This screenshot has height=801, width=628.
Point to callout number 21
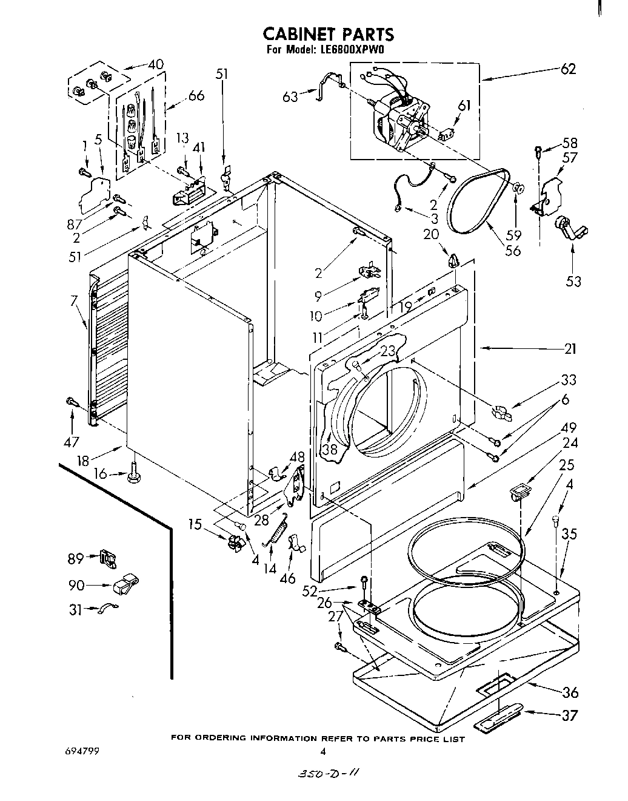click(570, 349)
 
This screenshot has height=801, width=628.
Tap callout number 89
click(75, 557)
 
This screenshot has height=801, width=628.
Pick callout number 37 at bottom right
click(569, 715)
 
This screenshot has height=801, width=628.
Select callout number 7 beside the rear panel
click(74, 300)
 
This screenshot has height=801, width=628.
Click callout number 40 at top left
click(155, 64)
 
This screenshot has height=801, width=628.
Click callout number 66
click(196, 95)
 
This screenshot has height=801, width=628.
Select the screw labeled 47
click(72, 402)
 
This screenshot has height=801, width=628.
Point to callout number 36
click(569, 692)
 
